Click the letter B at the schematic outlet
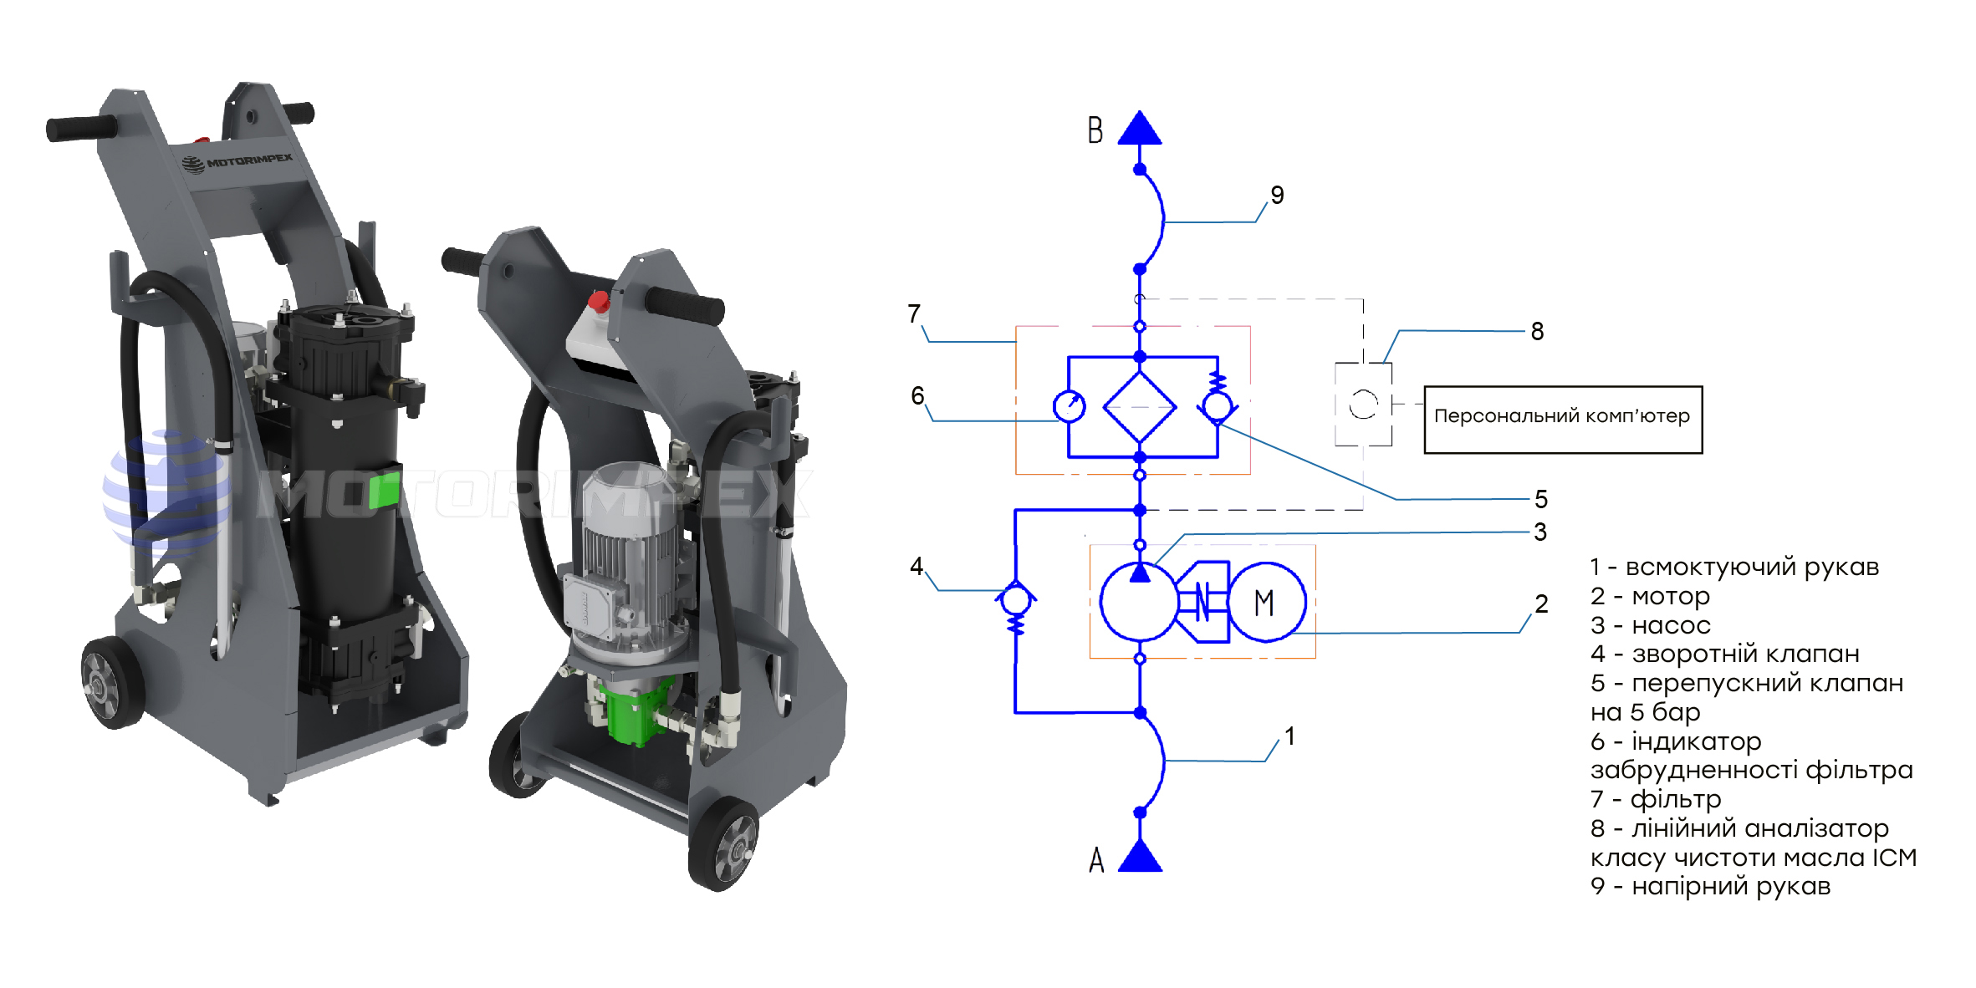tap(1095, 130)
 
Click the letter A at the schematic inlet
tap(1096, 859)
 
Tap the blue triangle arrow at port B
tap(1139, 128)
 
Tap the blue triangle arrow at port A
tap(1140, 855)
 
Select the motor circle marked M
tap(1266, 602)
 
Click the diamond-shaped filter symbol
tap(1139, 407)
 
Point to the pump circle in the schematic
tap(1139, 602)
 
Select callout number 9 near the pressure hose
tap(1277, 195)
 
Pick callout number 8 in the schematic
tap(1537, 331)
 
